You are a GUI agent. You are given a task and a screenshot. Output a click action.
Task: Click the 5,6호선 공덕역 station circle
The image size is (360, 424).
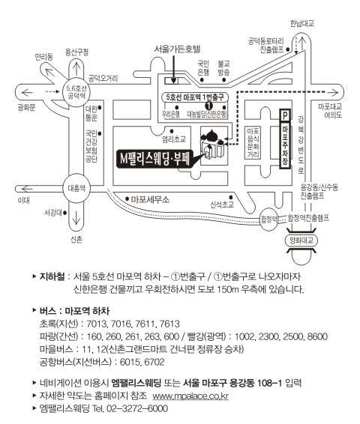pyautogui.click(x=76, y=92)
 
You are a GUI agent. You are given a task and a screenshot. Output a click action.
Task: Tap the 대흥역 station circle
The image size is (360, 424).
pyautogui.click(x=76, y=188)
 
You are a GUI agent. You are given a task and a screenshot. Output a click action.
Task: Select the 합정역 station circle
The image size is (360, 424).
pyautogui.click(x=268, y=219)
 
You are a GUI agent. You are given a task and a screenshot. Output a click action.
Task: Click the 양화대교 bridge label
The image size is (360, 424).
pyautogui.click(x=301, y=240)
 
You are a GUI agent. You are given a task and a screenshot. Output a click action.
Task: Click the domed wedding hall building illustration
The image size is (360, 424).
pyautogui.click(x=214, y=145)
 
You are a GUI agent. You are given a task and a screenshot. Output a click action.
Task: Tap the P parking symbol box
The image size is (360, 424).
pyautogui.click(x=285, y=115)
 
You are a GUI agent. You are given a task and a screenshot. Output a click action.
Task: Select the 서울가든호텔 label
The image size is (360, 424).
pyautogui.click(x=177, y=49)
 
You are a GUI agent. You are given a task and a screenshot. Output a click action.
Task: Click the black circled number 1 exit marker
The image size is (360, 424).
pyautogui.click(x=208, y=105)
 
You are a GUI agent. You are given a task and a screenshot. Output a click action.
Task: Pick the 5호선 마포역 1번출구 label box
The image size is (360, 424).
pyautogui.click(x=195, y=97)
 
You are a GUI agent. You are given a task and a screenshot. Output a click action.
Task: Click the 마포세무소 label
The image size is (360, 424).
pyautogui.click(x=150, y=200)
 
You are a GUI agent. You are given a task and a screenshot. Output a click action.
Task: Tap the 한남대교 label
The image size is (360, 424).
pyautogui.click(x=302, y=23)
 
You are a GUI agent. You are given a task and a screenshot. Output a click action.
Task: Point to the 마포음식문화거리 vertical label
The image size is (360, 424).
pyautogui.click(x=253, y=143)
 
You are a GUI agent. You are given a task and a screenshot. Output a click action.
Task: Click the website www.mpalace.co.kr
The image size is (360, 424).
pyautogui.click(x=190, y=396)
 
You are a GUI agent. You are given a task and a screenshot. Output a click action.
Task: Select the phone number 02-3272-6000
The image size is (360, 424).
pyautogui.click(x=137, y=408)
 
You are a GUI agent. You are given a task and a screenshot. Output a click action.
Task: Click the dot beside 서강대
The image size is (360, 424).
pyautogui.click(x=65, y=213)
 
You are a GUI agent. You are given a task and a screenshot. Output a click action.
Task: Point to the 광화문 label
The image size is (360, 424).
pyautogui.click(x=26, y=108)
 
